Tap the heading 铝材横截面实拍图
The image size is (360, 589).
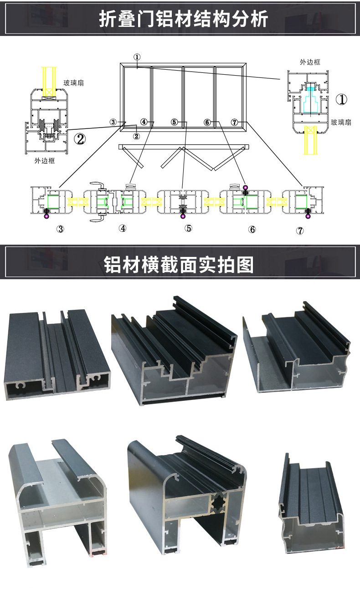[x=179, y=264]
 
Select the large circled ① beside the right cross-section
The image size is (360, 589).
[x=342, y=99]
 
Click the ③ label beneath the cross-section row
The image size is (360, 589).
[x=60, y=229]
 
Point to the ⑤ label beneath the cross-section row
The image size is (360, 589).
[x=188, y=228]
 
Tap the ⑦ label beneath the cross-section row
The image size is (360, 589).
[x=299, y=230]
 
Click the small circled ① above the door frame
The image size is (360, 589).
[x=137, y=57]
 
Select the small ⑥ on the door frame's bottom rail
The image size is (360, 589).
[x=207, y=122]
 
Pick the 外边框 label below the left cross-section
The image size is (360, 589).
[x=44, y=161]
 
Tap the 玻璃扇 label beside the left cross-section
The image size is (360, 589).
[x=74, y=82]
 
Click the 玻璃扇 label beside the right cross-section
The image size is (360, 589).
[x=341, y=122]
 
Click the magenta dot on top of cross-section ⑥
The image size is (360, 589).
[x=245, y=187]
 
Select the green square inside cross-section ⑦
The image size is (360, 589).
[x=301, y=200]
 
